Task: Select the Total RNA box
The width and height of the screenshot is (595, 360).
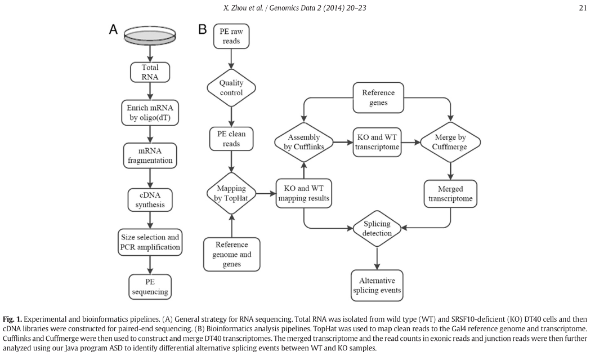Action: click(x=150, y=72)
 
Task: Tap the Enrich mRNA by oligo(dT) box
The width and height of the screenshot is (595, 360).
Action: click(x=150, y=113)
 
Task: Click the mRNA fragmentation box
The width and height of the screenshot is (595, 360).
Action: click(x=150, y=155)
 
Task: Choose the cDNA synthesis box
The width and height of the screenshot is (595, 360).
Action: click(x=150, y=200)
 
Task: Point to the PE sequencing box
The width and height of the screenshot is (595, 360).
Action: click(x=150, y=287)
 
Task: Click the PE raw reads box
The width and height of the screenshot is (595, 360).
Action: click(x=231, y=37)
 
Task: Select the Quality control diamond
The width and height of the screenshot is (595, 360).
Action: click(x=231, y=88)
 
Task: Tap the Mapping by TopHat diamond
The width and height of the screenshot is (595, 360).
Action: click(x=231, y=193)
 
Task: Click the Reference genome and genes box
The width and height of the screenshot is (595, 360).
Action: click(x=232, y=255)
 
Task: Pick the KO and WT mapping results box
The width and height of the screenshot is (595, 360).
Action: click(x=304, y=194)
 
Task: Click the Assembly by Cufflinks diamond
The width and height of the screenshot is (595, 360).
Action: click(x=304, y=142)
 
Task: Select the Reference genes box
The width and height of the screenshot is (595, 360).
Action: click(x=378, y=97)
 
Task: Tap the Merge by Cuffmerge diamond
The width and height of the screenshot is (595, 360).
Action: click(x=450, y=142)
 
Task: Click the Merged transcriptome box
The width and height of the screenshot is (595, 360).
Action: click(x=450, y=194)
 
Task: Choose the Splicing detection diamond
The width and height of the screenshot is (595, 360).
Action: click(x=377, y=228)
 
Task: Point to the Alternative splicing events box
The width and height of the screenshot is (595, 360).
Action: click(x=377, y=286)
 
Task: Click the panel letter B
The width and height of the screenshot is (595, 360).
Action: click(x=203, y=29)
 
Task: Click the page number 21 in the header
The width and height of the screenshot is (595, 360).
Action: click(x=583, y=7)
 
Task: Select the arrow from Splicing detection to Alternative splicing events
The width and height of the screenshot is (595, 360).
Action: click(x=377, y=258)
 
